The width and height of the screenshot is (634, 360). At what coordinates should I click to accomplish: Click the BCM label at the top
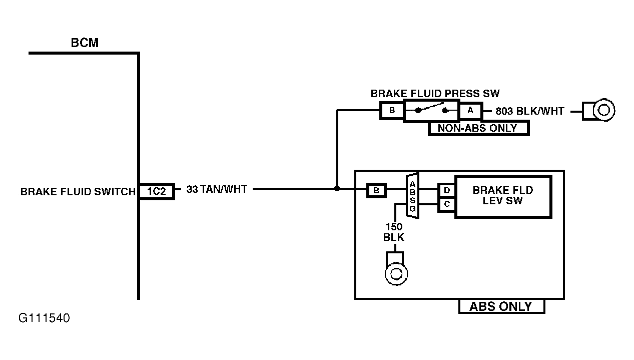85,43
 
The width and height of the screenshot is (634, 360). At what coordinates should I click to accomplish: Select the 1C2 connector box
157,191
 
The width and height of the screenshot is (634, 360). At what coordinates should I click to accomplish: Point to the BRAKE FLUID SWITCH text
78,192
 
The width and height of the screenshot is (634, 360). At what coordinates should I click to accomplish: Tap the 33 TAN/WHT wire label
217,189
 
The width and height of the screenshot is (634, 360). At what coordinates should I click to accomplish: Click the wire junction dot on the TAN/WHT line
337,188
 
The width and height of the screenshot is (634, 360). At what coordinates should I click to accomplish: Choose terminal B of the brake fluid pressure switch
392,111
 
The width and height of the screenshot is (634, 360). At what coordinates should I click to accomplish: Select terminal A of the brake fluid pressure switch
470,111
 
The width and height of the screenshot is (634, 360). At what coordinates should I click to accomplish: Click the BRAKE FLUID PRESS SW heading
435,94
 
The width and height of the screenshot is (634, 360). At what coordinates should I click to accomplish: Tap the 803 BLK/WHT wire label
529,111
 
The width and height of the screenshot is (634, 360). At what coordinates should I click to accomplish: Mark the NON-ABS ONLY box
478,128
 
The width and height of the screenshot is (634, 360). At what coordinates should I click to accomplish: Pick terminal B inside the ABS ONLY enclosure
376,190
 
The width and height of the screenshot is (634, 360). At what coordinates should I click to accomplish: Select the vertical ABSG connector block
412,196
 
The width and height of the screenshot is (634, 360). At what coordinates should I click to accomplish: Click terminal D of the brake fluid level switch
447,190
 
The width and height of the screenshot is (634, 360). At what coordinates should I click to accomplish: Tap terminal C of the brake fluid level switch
447,204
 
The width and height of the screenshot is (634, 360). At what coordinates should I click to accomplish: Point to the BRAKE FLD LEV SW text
503,195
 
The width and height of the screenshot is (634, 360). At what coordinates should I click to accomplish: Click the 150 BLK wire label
394,232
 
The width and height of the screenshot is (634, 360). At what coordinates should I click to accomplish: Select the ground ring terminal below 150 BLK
396,268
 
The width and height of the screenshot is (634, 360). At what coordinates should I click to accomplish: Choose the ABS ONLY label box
501,306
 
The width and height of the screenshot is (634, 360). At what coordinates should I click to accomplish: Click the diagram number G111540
44,318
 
